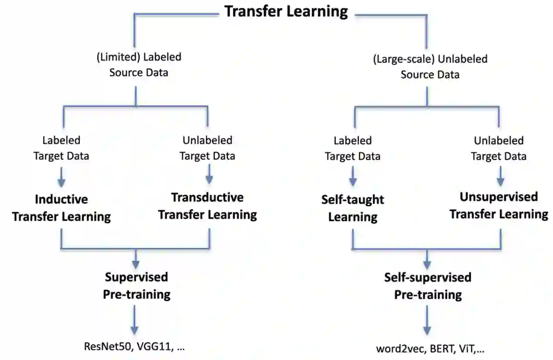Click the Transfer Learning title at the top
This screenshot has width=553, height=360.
[x=286, y=11]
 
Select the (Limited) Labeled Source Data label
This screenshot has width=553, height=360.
[x=139, y=65]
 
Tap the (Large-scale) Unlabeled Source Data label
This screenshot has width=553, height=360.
[x=430, y=67]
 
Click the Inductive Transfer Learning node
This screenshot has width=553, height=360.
[x=61, y=208]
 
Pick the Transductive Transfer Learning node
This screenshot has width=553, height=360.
[x=207, y=206]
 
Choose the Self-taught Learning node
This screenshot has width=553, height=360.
[x=353, y=208]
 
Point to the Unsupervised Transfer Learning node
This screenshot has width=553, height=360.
[x=499, y=205]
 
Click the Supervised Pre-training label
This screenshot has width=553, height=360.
[x=137, y=286]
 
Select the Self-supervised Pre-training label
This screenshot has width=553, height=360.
[x=428, y=286]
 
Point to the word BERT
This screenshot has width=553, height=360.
[x=438, y=349]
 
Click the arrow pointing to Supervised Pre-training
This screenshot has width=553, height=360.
[x=136, y=259]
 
